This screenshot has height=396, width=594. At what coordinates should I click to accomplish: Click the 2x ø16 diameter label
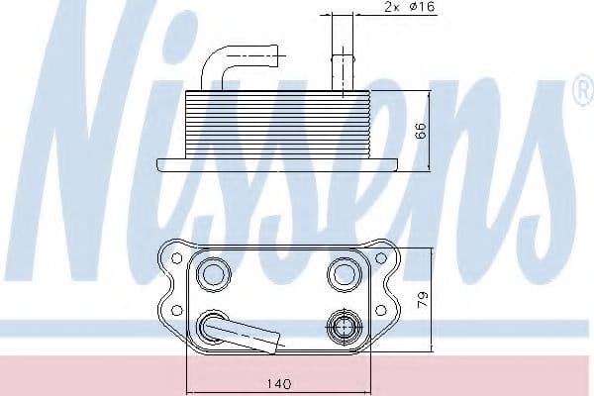[410, 7]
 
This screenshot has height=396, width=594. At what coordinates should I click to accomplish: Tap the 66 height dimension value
[421, 130]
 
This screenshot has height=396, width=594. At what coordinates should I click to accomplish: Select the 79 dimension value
[423, 299]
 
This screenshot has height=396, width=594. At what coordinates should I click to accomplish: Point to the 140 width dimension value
[278, 384]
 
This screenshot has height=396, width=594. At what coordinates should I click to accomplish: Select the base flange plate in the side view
[277, 164]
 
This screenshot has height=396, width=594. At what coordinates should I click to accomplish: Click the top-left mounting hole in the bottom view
[177, 258]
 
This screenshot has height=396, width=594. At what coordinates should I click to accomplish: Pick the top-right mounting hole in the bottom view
[380, 258]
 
